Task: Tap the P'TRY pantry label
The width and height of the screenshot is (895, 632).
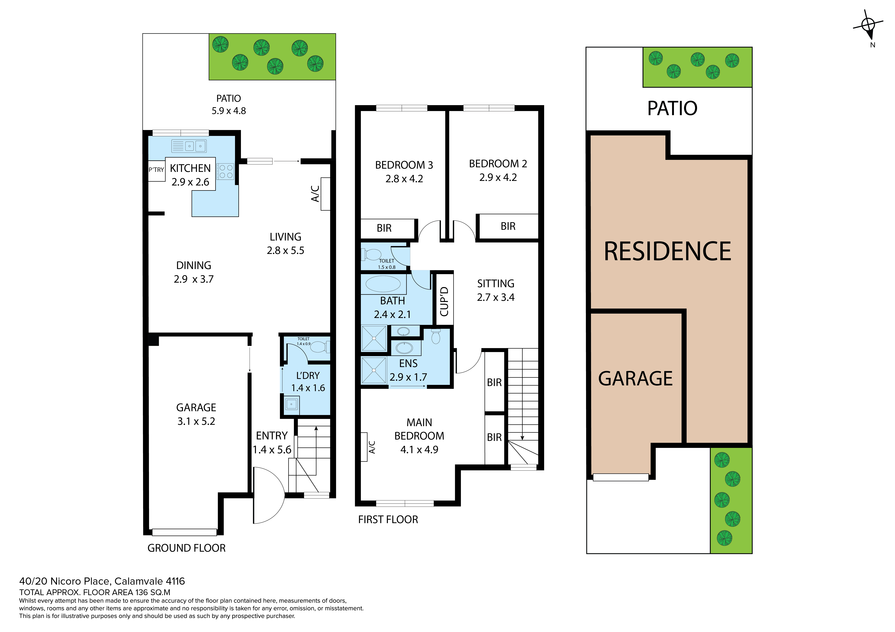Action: click(156, 170)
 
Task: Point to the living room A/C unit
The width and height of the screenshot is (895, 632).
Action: click(325, 194)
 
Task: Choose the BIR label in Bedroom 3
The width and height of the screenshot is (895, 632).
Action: click(384, 228)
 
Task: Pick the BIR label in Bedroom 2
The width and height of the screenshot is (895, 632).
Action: click(508, 226)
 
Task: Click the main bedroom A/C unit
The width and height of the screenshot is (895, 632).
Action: click(364, 447)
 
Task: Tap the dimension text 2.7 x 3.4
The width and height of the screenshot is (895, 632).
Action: click(496, 298)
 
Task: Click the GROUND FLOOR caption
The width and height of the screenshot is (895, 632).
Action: click(186, 548)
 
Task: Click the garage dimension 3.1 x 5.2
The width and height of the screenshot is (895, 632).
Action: click(196, 421)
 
